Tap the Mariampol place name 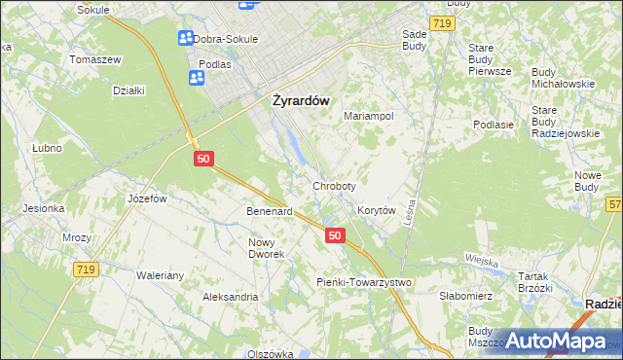pos(368,116)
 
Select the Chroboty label pos(334,186)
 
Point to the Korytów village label pos(376,210)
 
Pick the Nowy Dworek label pos(266,248)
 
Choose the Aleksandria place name pos(230,296)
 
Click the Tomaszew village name pos(94,59)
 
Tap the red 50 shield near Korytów pos(335,235)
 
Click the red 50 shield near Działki pos(203,158)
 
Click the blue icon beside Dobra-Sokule pos(185,39)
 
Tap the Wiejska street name pos(482,261)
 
